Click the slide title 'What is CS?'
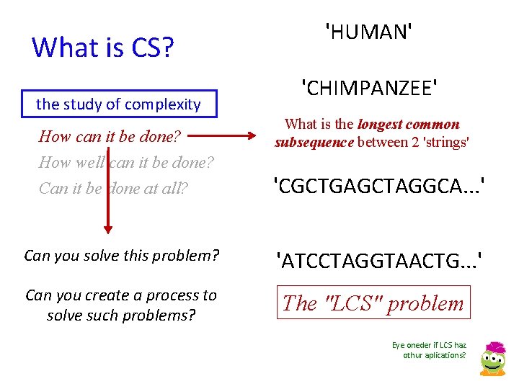click(x=103, y=48)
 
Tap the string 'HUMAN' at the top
click(x=370, y=32)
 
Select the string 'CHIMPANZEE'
click(x=370, y=89)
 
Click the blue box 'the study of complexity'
click(x=118, y=104)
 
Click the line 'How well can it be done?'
click(x=126, y=162)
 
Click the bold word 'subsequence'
click(x=314, y=143)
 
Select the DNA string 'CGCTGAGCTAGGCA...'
click(x=378, y=188)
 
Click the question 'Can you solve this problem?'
click(x=121, y=256)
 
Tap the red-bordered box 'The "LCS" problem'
click(x=373, y=303)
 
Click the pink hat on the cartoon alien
click(x=495, y=348)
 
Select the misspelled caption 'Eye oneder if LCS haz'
click(x=429, y=345)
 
